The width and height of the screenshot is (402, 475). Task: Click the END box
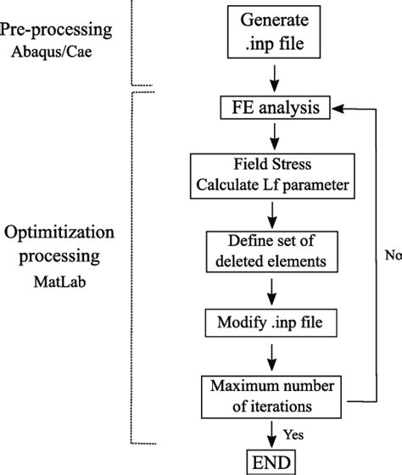[x=271, y=463]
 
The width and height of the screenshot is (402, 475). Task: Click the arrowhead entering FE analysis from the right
[x=338, y=108]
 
